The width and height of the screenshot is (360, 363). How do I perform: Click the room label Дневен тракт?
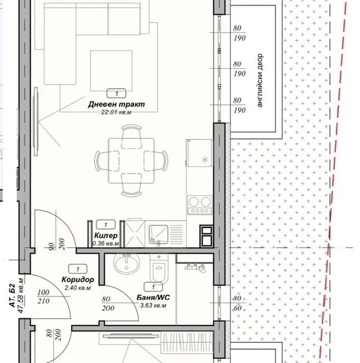tap(116, 104)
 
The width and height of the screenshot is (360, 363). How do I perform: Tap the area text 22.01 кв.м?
tap(116, 112)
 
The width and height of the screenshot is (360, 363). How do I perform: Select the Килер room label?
tap(106, 236)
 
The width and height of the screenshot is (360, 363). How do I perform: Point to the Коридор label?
tap(78, 280)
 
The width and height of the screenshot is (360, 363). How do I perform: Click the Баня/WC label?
tap(153, 297)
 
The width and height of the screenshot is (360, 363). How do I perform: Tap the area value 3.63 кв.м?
tap(153, 306)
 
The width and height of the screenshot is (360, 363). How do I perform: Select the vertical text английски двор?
tap(260, 80)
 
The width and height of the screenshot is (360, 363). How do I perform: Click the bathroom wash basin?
tap(126, 263)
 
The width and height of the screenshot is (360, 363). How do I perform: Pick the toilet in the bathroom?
tap(159, 269)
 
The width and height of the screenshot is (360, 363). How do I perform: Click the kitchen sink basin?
tap(159, 234)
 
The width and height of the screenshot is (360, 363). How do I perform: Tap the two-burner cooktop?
tap(200, 204)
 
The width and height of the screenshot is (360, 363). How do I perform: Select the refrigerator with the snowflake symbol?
tap(199, 153)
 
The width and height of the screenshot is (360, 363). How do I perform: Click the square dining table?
tap(131, 161)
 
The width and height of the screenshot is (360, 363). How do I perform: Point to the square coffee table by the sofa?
tap(111, 71)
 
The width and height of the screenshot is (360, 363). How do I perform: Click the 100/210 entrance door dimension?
tap(43, 296)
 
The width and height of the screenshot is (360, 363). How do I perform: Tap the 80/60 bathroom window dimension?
tap(237, 303)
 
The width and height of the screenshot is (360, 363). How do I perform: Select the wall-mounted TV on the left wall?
tap(36, 122)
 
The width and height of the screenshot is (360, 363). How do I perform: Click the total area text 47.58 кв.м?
tap(21, 296)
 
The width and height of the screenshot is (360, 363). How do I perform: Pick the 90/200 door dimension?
tap(56, 244)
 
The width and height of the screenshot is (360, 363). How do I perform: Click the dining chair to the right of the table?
tap(156, 161)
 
